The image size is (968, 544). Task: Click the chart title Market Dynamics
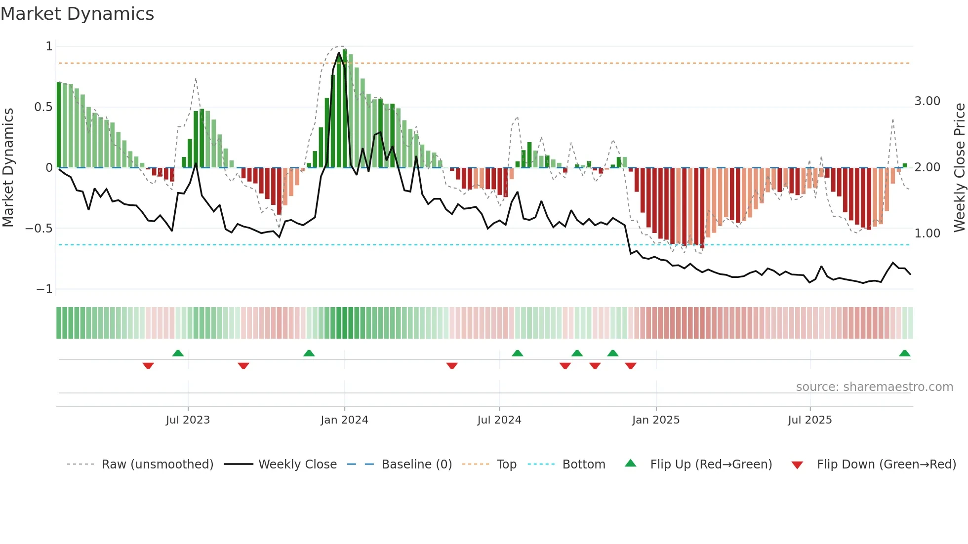(x=77, y=14)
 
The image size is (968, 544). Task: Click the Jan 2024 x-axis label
(x=344, y=420)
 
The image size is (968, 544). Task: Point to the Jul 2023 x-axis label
(x=188, y=420)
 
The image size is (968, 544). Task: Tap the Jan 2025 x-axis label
(x=655, y=420)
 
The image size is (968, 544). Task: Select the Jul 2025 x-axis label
(x=809, y=420)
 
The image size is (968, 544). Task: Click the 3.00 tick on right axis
(x=927, y=101)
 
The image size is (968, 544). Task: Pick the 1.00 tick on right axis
(x=927, y=233)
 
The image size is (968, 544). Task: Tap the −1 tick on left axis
(x=44, y=289)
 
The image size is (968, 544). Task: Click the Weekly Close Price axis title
(x=959, y=167)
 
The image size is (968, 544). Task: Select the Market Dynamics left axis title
(x=8, y=167)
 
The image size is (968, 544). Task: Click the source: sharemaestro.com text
(x=874, y=387)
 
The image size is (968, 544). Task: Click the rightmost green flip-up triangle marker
(x=904, y=353)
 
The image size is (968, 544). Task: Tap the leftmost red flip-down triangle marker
(x=148, y=366)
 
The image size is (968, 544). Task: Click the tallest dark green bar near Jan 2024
(x=345, y=109)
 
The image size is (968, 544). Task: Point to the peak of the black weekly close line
(x=339, y=53)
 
